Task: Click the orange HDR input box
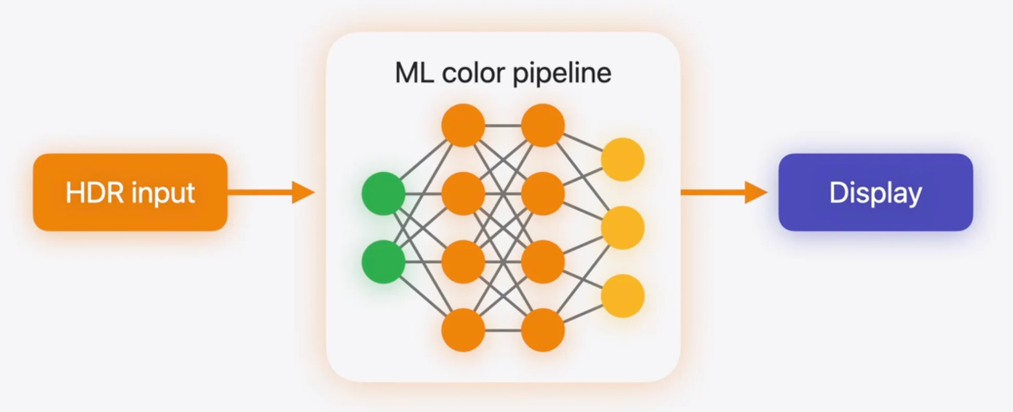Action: click(x=130, y=192)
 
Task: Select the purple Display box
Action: click(x=875, y=192)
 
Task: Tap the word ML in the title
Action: click(x=414, y=73)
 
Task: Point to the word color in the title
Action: click(x=473, y=74)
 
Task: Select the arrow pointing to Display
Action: click(x=724, y=193)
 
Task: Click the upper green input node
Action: click(x=383, y=194)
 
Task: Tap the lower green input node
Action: click(x=383, y=262)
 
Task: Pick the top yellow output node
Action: click(x=623, y=159)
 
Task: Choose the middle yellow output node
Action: click(x=623, y=228)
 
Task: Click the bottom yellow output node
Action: click(x=623, y=296)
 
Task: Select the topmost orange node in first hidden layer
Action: click(x=463, y=126)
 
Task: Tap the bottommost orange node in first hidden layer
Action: click(x=463, y=330)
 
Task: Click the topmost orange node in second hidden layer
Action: click(x=543, y=126)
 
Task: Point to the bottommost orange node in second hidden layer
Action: click(x=543, y=330)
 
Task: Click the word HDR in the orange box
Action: click(x=95, y=193)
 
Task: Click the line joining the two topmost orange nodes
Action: click(x=503, y=126)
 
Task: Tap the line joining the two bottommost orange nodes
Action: click(x=503, y=330)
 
